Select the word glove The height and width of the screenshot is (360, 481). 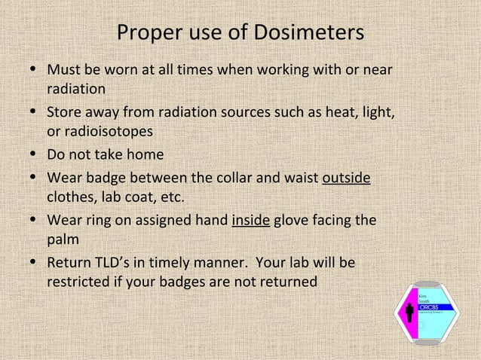point(293,221)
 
